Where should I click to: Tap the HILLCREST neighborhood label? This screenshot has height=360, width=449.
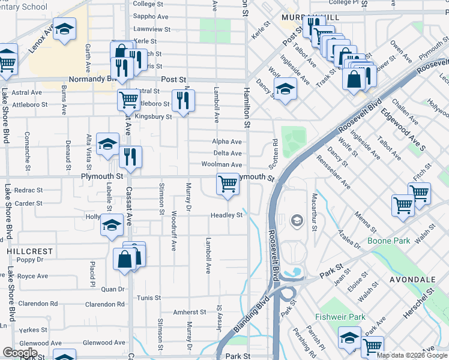[x=30, y=251]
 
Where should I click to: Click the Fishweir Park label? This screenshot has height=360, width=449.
[x=340, y=316]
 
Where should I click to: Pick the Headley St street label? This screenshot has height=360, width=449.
[x=226, y=215]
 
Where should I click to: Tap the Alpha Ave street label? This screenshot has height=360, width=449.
[x=226, y=142]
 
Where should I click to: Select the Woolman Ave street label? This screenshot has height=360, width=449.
[x=221, y=164]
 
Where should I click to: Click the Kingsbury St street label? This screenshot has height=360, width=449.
[x=153, y=116]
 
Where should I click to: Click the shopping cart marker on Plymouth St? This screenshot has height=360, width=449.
[x=228, y=183]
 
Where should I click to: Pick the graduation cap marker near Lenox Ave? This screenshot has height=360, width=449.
[x=64, y=29]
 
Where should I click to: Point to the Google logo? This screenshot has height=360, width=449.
[x=20, y=352]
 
